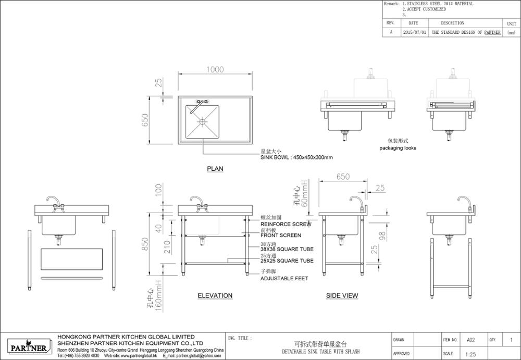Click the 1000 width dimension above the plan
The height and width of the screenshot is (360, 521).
pos(214,69)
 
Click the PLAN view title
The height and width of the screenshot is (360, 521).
pos(215,169)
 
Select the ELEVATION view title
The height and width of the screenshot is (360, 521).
pos(215,295)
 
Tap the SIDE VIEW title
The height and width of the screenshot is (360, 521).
pos(342,295)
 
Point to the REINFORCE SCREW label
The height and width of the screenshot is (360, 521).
pos(286,225)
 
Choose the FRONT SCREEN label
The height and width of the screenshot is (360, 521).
pos(280,235)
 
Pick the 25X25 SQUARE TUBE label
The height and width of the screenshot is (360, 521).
pos(287,261)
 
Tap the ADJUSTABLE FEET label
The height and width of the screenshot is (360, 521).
pos(284,279)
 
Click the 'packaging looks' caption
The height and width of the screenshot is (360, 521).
pos(398,148)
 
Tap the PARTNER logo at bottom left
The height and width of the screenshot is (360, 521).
pos(29,347)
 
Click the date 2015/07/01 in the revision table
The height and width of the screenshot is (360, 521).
pos(415,32)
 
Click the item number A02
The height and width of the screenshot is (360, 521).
pos(471,340)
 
